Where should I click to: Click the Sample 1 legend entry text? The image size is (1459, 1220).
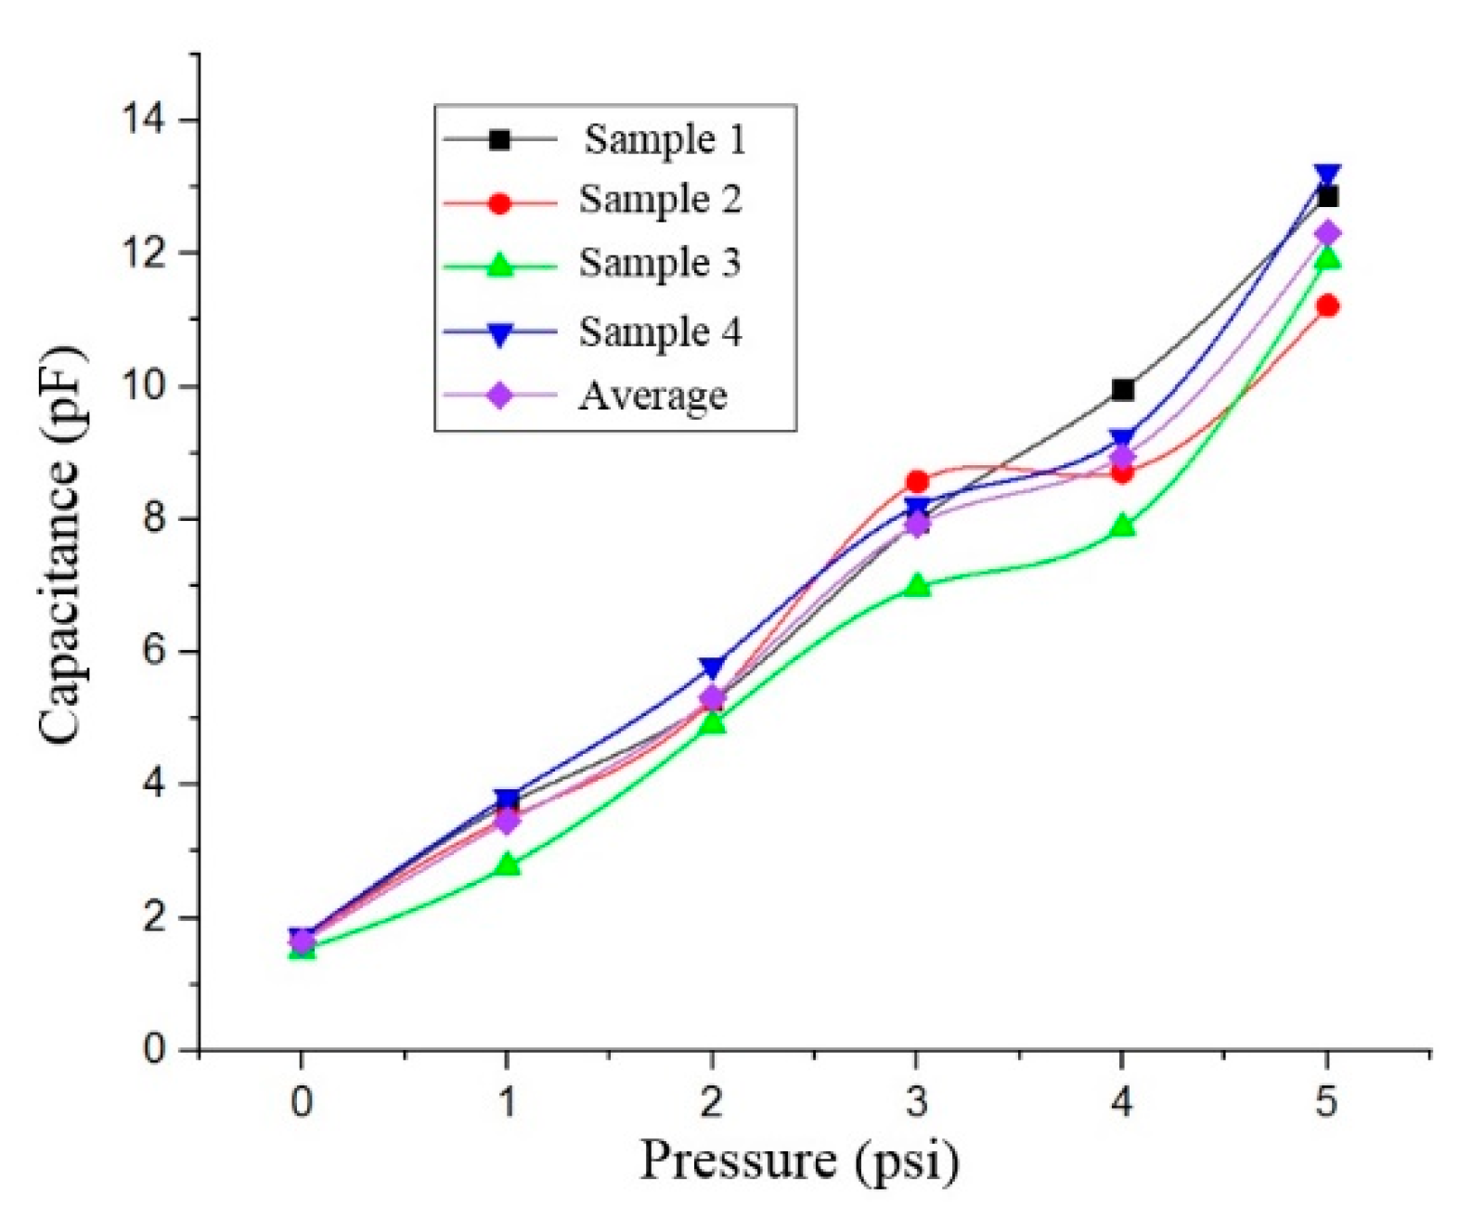664,139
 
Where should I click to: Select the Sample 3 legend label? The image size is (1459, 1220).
660,263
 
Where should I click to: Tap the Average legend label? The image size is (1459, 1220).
652,396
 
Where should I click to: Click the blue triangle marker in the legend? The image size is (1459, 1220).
499,333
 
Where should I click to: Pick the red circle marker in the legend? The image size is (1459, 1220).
499,202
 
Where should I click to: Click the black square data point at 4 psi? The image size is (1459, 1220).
1122,390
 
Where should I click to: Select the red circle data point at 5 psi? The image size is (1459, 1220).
1327,305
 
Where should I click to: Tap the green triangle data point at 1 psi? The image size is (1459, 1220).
507,865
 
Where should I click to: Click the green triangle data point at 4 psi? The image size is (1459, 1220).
1122,526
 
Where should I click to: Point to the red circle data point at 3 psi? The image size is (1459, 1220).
917,481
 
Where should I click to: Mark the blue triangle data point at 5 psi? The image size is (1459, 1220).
1327,175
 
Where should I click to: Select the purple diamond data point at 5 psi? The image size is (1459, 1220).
1327,232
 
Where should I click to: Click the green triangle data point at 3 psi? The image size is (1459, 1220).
917,586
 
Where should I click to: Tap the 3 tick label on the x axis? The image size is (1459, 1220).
917,1102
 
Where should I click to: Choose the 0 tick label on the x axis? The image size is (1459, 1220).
301,1102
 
